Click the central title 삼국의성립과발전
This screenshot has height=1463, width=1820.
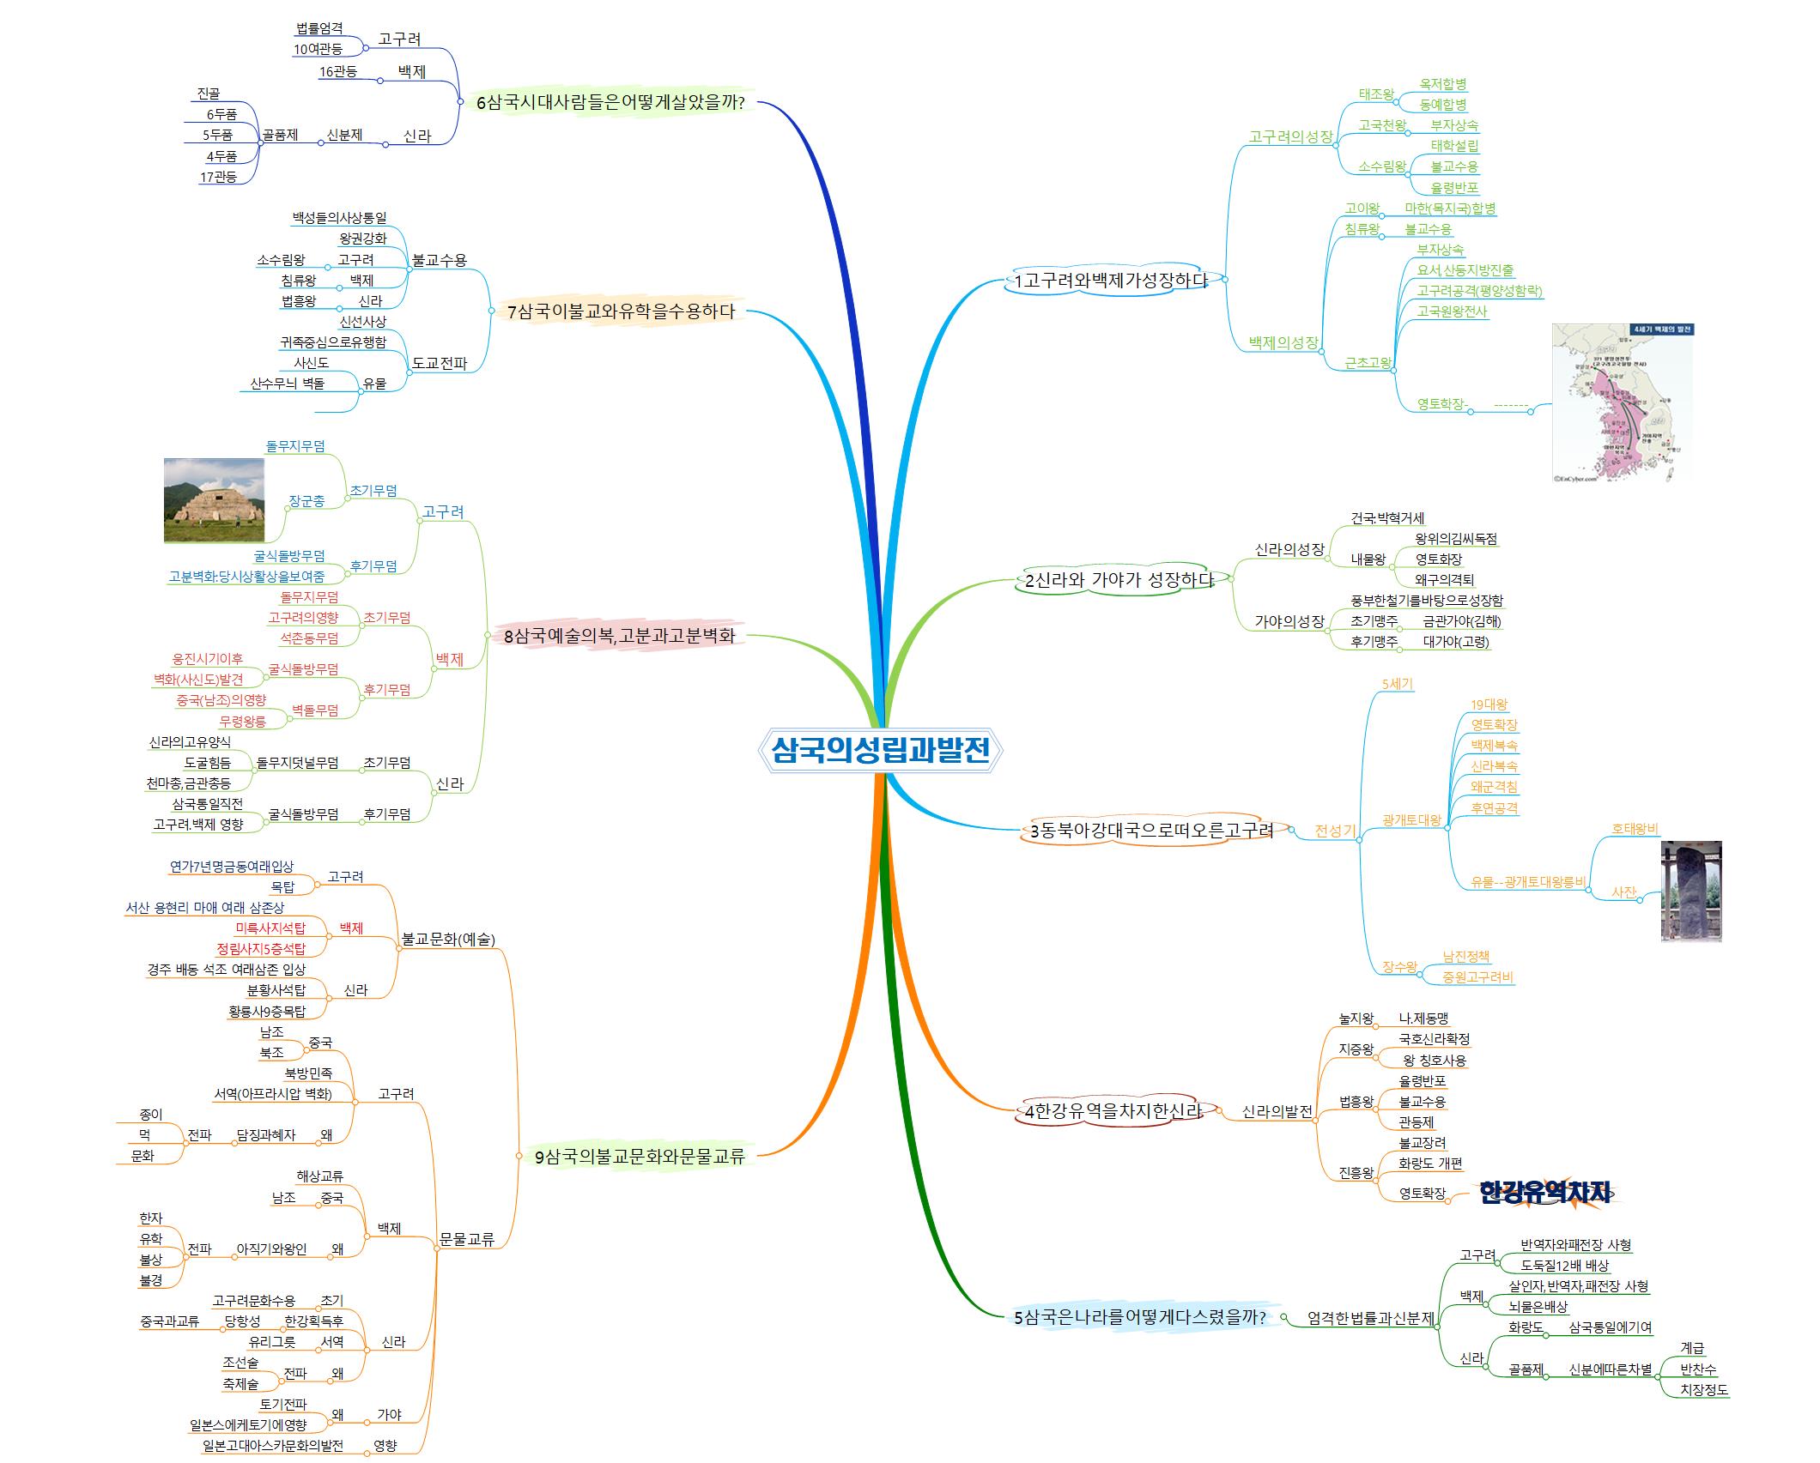881,750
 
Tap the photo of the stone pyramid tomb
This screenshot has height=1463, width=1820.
215,500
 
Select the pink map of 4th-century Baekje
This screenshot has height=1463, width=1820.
1622,402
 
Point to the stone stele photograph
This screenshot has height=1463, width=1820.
1690,891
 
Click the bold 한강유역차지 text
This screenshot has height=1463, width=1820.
1544,1193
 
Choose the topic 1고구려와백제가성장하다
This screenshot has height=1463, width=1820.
1111,281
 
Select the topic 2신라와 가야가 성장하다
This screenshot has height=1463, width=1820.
1119,580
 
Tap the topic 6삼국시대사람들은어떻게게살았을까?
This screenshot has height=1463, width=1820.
610,103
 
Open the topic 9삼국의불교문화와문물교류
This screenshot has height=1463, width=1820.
640,1157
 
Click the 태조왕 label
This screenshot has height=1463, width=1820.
1376,94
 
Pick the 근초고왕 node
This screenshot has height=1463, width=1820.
1368,363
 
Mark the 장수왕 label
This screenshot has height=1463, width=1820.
1399,967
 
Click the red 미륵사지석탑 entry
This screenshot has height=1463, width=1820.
270,928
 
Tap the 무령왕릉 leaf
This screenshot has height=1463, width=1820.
242,721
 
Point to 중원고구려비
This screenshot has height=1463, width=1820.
1477,977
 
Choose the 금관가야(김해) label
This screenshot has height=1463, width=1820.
1461,621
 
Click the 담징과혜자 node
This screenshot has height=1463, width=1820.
265,1135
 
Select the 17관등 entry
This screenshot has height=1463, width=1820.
218,178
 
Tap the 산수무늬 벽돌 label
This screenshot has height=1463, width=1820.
287,384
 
